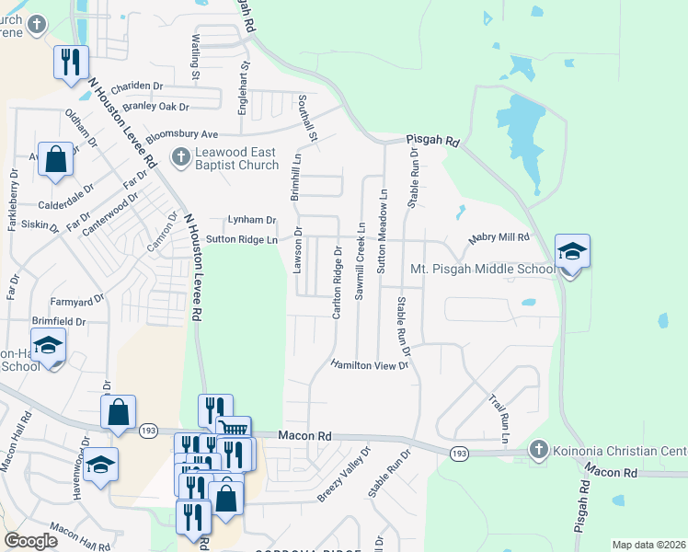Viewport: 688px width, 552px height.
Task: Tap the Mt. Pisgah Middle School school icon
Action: (x=572, y=251)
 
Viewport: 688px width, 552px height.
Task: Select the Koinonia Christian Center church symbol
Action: (x=540, y=450)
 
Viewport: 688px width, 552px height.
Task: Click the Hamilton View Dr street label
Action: (x=370, y=364)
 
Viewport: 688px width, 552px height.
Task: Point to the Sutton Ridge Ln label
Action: (x=241, y=239)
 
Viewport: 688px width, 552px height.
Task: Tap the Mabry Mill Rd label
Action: (x=499, y=237)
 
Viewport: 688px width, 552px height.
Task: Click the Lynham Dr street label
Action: (x=252, y=220)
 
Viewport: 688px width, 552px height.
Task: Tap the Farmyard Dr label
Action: (x=78, y=301)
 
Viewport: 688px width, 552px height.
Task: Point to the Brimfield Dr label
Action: (x=58, y=322)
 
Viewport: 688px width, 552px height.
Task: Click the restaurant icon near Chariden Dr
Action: (x=71, y=63)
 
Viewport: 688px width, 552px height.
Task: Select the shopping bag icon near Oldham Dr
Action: (x=56, y=159)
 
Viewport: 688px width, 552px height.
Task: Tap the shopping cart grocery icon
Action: (x=233, y=431)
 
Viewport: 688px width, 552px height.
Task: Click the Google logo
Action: (x=30, y=541)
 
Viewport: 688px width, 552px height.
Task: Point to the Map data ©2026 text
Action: (x=648, y=545)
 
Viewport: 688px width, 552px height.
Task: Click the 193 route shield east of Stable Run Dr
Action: (x=458, y=454)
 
